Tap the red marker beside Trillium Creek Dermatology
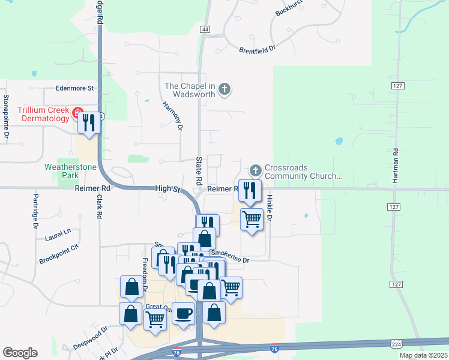click(x=77, y=113)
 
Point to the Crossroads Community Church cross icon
click(x=256, y=171)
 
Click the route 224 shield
click(x=396, y=343)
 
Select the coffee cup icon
click(x=183, y=313)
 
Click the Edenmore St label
click(x=75, y=88)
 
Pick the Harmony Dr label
click(x=172, y=115)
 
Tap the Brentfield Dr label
click(x=257, y=50)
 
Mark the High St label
click(x=168, y=188)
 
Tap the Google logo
click(x=20, y=352)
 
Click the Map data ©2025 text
click(x=423, y=355)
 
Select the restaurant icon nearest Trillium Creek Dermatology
click(x=89, y=123)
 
